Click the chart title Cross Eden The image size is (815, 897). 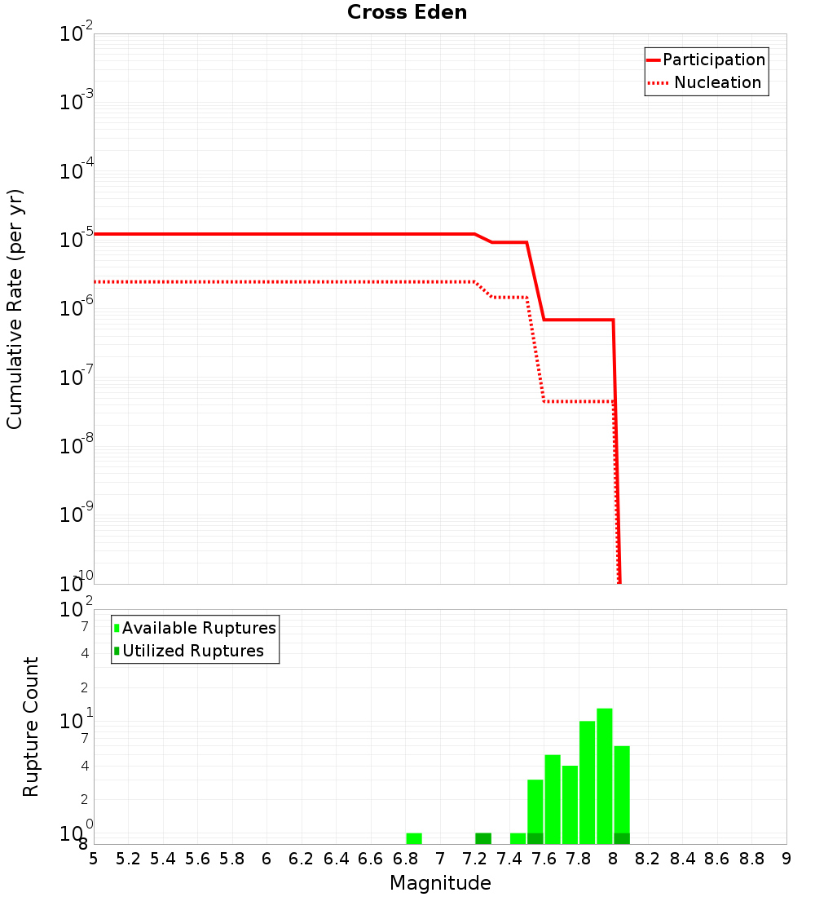[407, 13]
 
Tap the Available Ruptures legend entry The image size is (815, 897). [195, 628]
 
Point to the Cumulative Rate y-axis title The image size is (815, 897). [15, 308]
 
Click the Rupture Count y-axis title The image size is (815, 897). [31, 726]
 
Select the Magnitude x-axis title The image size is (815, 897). [440, 883]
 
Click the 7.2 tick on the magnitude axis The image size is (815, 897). [475, 859]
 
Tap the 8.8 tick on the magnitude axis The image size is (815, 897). [751, 859]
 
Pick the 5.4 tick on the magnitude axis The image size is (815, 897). [163, 859]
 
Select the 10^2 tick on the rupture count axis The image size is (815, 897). [77, 611]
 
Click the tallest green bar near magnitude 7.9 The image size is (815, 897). [604, 775]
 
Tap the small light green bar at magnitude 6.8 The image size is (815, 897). [414, 838]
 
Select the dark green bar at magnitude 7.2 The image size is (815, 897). [483, 838]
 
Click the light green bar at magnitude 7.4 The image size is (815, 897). [518, 838]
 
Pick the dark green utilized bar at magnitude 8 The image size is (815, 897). [622, 838]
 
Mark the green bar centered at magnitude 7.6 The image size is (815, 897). [553, 799]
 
